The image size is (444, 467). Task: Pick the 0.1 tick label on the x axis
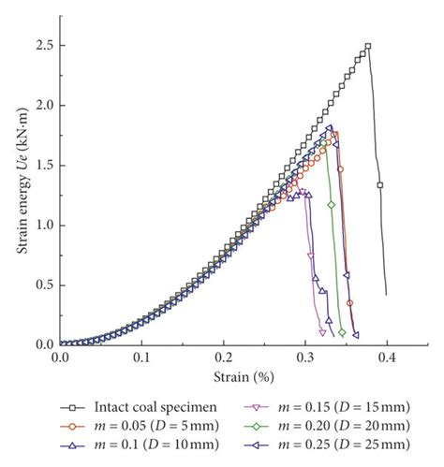click(141, 358)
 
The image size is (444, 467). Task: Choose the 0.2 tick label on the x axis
click(222, 358)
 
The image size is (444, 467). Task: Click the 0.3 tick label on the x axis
click(303, 358)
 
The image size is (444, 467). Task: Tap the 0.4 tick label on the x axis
click(385, 358)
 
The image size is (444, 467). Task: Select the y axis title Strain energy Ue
click(22, 195)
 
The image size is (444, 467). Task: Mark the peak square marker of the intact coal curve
click(367, 46)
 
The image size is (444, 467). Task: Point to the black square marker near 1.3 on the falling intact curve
click(380, 184)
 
